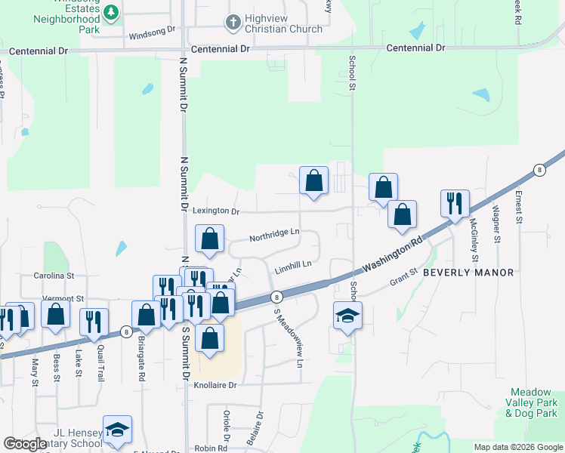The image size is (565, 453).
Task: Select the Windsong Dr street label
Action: pos(152,34)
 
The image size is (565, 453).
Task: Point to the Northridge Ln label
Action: pos(275,233)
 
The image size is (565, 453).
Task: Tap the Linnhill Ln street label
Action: pos(293,265)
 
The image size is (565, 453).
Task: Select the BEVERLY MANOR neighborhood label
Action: pos(468,272)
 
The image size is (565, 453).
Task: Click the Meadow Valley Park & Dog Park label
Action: pos(533,402)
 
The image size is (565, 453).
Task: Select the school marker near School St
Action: pos(347,316)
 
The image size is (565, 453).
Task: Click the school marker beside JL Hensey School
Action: pos(117,430)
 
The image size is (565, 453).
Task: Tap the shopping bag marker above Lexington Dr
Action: pos(313,181)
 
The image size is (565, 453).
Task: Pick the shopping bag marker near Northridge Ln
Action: pos(209,239)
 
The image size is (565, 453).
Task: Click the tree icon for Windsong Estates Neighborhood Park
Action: pos(111,12)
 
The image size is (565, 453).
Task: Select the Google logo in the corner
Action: pos(25,445)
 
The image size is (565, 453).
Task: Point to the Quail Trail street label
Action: pos(100,365)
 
